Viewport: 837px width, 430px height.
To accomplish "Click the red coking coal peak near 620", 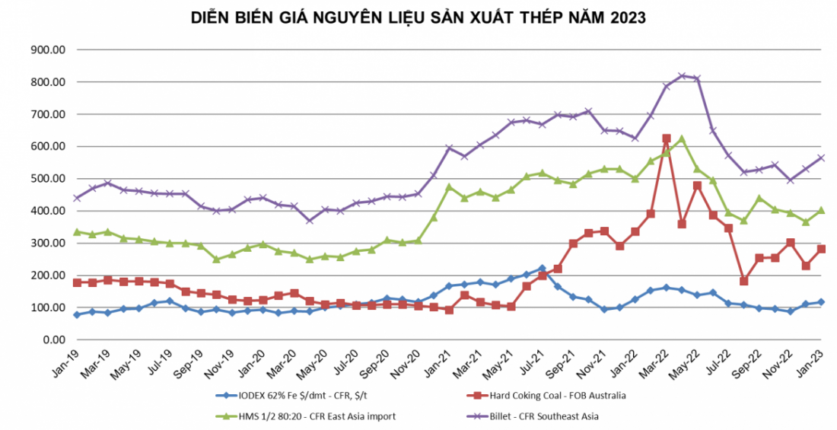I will [667, 139].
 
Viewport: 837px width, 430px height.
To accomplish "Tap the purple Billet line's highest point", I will [682, 75].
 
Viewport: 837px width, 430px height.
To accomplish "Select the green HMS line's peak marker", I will [682, 139].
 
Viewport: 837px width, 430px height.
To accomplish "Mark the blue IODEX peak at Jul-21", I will [542, 268].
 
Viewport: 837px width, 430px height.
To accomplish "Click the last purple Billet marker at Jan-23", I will [822, 158].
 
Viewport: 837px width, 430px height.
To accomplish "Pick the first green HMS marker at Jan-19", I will [76, 231].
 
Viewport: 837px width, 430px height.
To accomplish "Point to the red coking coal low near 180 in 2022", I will [744, 281].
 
